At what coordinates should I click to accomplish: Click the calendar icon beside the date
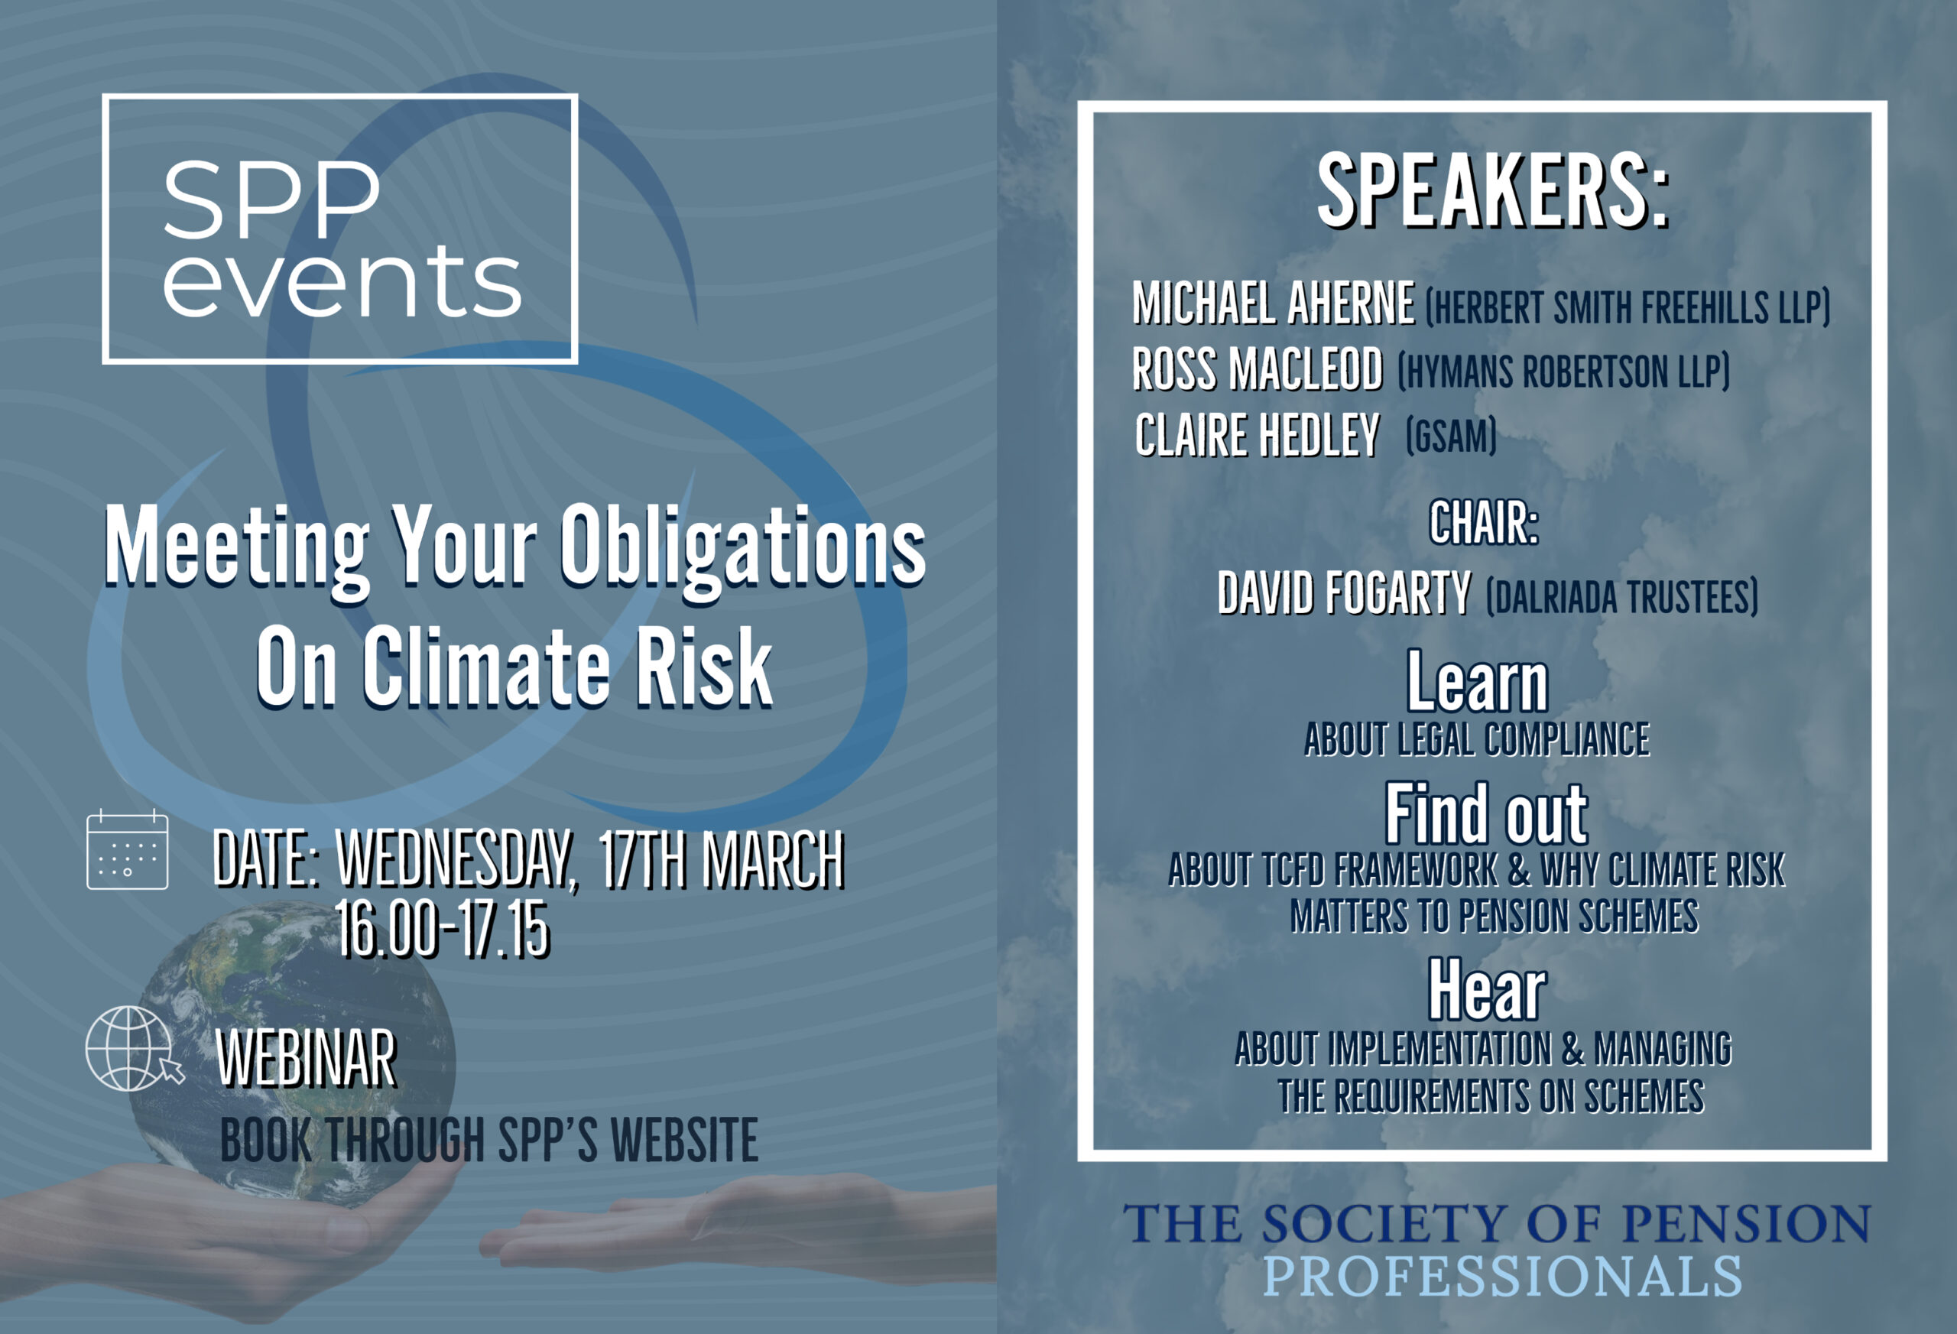(127, 850)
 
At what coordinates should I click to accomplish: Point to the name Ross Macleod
(1258, 370)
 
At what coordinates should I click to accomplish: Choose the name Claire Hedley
(1258, 436)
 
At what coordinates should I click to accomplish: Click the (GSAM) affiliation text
(1451, 437)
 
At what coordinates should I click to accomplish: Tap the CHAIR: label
(1484, 524)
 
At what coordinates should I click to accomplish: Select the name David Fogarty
(1345, 594)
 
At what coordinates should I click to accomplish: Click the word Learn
(1478, 683)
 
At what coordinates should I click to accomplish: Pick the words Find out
(1487, 814)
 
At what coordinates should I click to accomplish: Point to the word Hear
(1487, 992)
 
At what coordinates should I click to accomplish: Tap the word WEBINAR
(307, 1060)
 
